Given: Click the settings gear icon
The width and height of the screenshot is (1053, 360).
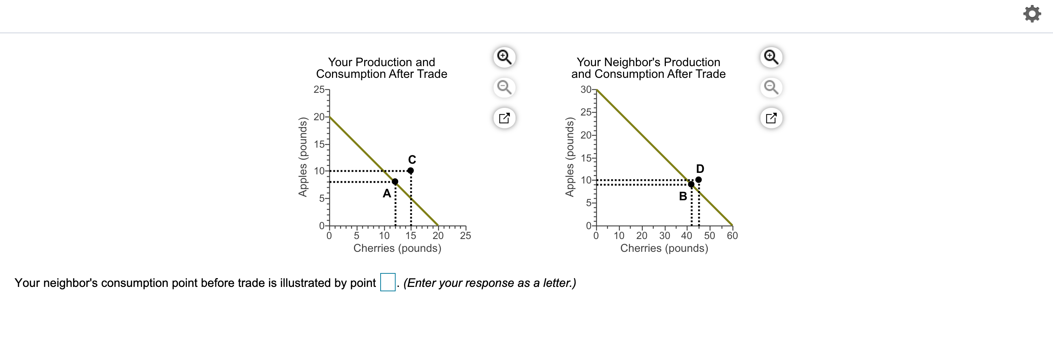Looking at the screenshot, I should click(x=1032, y=14).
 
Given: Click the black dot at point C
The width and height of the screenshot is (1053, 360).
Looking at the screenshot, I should click(x=410, y=170).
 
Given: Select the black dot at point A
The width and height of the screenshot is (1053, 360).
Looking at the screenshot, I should click(x=395, y=181).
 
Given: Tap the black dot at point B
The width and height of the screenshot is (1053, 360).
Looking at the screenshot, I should click(x=691, y=184).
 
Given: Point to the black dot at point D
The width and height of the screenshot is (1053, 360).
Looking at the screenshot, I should click(x=698, y=179).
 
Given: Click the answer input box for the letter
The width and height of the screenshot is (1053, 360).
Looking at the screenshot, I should click(x=388, y=283).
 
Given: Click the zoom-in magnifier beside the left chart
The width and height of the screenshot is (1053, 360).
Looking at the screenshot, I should click(x=504, y=57).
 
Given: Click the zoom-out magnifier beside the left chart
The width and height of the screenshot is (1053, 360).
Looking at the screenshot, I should click(x=504, y=87).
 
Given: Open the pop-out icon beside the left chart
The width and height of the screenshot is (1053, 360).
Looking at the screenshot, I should click(x=504, y=118).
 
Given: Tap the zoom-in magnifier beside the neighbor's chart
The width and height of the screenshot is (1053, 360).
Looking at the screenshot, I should click(x=771, y=57).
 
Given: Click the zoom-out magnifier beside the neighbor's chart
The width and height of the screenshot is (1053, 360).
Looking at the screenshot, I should click(x=771, y=87).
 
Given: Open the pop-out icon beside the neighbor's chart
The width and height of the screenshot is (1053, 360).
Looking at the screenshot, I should click(x=771, y=118).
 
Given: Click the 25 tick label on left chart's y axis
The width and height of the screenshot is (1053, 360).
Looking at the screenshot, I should click(x=319, y=90).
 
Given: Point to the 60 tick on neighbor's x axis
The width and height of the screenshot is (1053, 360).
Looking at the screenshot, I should click(x=732, y=235).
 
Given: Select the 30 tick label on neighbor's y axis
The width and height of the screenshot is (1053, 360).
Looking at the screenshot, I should click(x=586, y=90).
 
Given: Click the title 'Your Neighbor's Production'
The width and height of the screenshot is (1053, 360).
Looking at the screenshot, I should click(x=648, y=62).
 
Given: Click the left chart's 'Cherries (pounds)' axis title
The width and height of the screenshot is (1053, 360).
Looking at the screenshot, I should click(x=397, y=248).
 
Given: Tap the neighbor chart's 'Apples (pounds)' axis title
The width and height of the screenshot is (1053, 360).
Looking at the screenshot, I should click(x=569, y=157).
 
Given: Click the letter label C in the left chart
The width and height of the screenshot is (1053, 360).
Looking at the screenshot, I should click(x=412, y=159).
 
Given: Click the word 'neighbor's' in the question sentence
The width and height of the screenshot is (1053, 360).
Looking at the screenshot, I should click(x=70, y=283).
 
